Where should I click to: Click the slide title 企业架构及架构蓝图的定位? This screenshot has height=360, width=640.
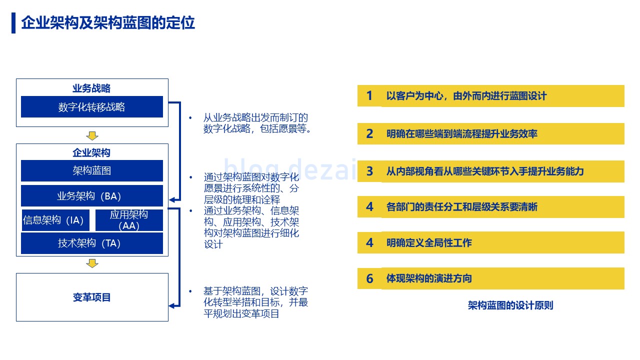[x=108, y=23]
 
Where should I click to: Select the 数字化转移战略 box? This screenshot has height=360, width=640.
[x=92, y=107]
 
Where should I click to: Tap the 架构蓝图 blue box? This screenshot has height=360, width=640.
[x=92, y=170]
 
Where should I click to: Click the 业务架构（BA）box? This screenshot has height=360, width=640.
[x=92, y=195]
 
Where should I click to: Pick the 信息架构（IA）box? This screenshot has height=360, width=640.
[x=55, y=220]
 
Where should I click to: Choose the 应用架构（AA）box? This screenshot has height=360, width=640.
[x=129, y=220]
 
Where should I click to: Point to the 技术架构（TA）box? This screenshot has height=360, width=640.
[x=92, y=243]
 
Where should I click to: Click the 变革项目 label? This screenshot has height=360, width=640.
[x=91, y=297]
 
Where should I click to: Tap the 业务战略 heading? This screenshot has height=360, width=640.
[x=91, y=88]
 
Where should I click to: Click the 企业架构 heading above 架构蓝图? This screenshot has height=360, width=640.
[x=91, y=152]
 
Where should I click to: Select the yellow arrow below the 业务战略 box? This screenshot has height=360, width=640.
[x=92, y=135]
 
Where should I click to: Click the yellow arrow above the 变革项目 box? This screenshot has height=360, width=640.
[x=92, y=263]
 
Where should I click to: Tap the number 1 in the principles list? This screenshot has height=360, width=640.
[x=369, y=95]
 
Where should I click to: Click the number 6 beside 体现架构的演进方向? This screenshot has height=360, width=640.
[x=369, y=278]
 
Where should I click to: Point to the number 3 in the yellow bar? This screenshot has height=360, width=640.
[x=369, y=171]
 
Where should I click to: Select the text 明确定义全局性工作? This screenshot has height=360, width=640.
[x=429, y=243]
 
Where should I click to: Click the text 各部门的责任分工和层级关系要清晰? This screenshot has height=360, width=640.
[x=462, y=206]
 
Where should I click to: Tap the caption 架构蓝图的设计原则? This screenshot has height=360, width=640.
[x=510, y=305]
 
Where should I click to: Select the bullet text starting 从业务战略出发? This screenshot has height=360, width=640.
[x=257, y=123]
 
